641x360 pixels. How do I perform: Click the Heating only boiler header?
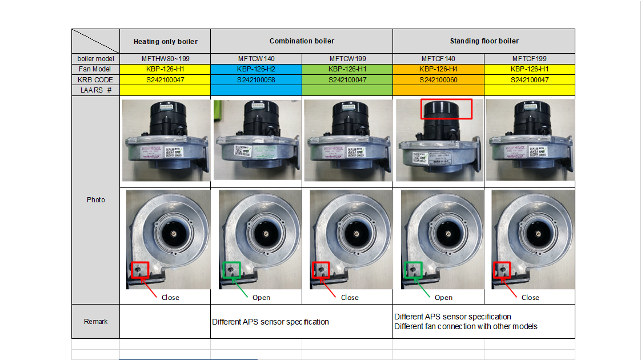tap(165, 42)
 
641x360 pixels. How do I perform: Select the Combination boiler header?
tap(302, 41)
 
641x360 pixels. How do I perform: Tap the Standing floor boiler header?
tap(484, 41)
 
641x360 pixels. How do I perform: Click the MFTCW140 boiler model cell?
tap(256, 59)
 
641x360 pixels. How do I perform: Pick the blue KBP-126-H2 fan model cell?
tap(256, 69)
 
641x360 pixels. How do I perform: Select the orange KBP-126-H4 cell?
tap(438, 69)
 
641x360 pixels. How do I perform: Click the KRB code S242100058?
tap(256, 80)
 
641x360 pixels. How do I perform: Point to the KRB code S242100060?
tap(438, 80)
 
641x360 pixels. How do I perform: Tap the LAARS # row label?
tap(95, 90)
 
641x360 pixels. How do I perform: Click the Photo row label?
tap(95, 200)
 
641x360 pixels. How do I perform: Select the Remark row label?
tap(95, 322)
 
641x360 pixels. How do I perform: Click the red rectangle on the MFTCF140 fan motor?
tap(446, 109)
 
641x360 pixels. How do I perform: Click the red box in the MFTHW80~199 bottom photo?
tap(140, 270)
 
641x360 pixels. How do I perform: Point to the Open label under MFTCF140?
tap(443, 298)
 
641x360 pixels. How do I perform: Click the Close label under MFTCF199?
tap(530, 298)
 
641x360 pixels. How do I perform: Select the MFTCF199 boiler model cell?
tap(529, 59)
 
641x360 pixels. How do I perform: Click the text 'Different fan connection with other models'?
tap(466, 326)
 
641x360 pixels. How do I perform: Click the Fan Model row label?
tap(95, 69)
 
